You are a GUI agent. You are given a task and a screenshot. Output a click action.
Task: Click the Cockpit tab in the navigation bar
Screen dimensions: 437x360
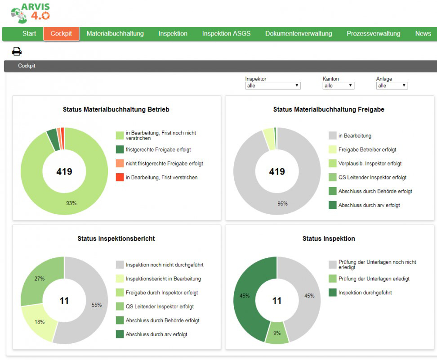(x=61, y=34)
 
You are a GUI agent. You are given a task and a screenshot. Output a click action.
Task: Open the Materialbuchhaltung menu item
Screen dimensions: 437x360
(x=115, y=34)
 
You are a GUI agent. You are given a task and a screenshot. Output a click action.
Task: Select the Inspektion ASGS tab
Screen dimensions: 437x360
(x=226, y=34)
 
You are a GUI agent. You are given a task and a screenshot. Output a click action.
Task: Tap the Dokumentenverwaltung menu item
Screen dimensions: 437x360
(x=299, y=34)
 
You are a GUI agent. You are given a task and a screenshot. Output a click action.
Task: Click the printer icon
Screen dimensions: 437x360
(x=17, y=51)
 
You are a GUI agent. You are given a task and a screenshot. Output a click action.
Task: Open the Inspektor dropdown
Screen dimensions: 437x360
(x=273, y=85)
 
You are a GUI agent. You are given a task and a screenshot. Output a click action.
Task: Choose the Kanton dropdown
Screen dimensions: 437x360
(x=339, y=85)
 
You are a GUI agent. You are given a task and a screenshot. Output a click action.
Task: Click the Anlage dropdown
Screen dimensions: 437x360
(x=392, y=85)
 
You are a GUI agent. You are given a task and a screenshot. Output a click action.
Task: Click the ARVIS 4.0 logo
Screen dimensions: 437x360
(x=31, y=13)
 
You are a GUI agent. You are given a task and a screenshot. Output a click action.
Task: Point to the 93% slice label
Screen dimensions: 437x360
(x=71, y=203)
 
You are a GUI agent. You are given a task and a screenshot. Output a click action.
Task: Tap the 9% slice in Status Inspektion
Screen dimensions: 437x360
(x=277, y=333)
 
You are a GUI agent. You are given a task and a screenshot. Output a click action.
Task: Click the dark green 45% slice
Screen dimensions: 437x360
(x=244, y=298)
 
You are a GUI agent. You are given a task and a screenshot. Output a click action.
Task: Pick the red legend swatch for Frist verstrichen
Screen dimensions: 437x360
(x=120, y=177)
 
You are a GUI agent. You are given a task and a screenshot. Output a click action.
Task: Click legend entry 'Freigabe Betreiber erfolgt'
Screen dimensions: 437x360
(x=367, y=150)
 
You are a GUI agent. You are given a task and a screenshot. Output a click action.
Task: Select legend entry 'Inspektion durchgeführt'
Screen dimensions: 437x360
(x=365, y=292)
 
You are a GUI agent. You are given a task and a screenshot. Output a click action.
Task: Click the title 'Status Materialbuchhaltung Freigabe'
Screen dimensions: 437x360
(x=329, y=109)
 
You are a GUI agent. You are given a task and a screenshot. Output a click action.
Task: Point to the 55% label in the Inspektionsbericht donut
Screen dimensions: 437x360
(x=97, y=305)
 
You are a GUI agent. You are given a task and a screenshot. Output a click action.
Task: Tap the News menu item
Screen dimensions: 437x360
(x=423, y=34)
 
